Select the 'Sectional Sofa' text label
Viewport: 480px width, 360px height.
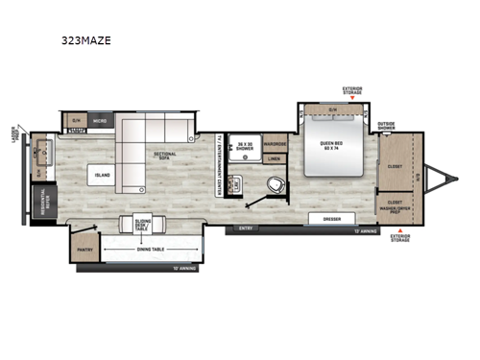pos(165,156)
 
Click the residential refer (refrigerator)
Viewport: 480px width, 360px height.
pos(43,203)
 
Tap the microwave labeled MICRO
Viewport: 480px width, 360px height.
pos(100,120)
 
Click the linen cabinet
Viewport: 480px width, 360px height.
pos(275,158)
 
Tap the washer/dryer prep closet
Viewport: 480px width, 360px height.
pos(390,206)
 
